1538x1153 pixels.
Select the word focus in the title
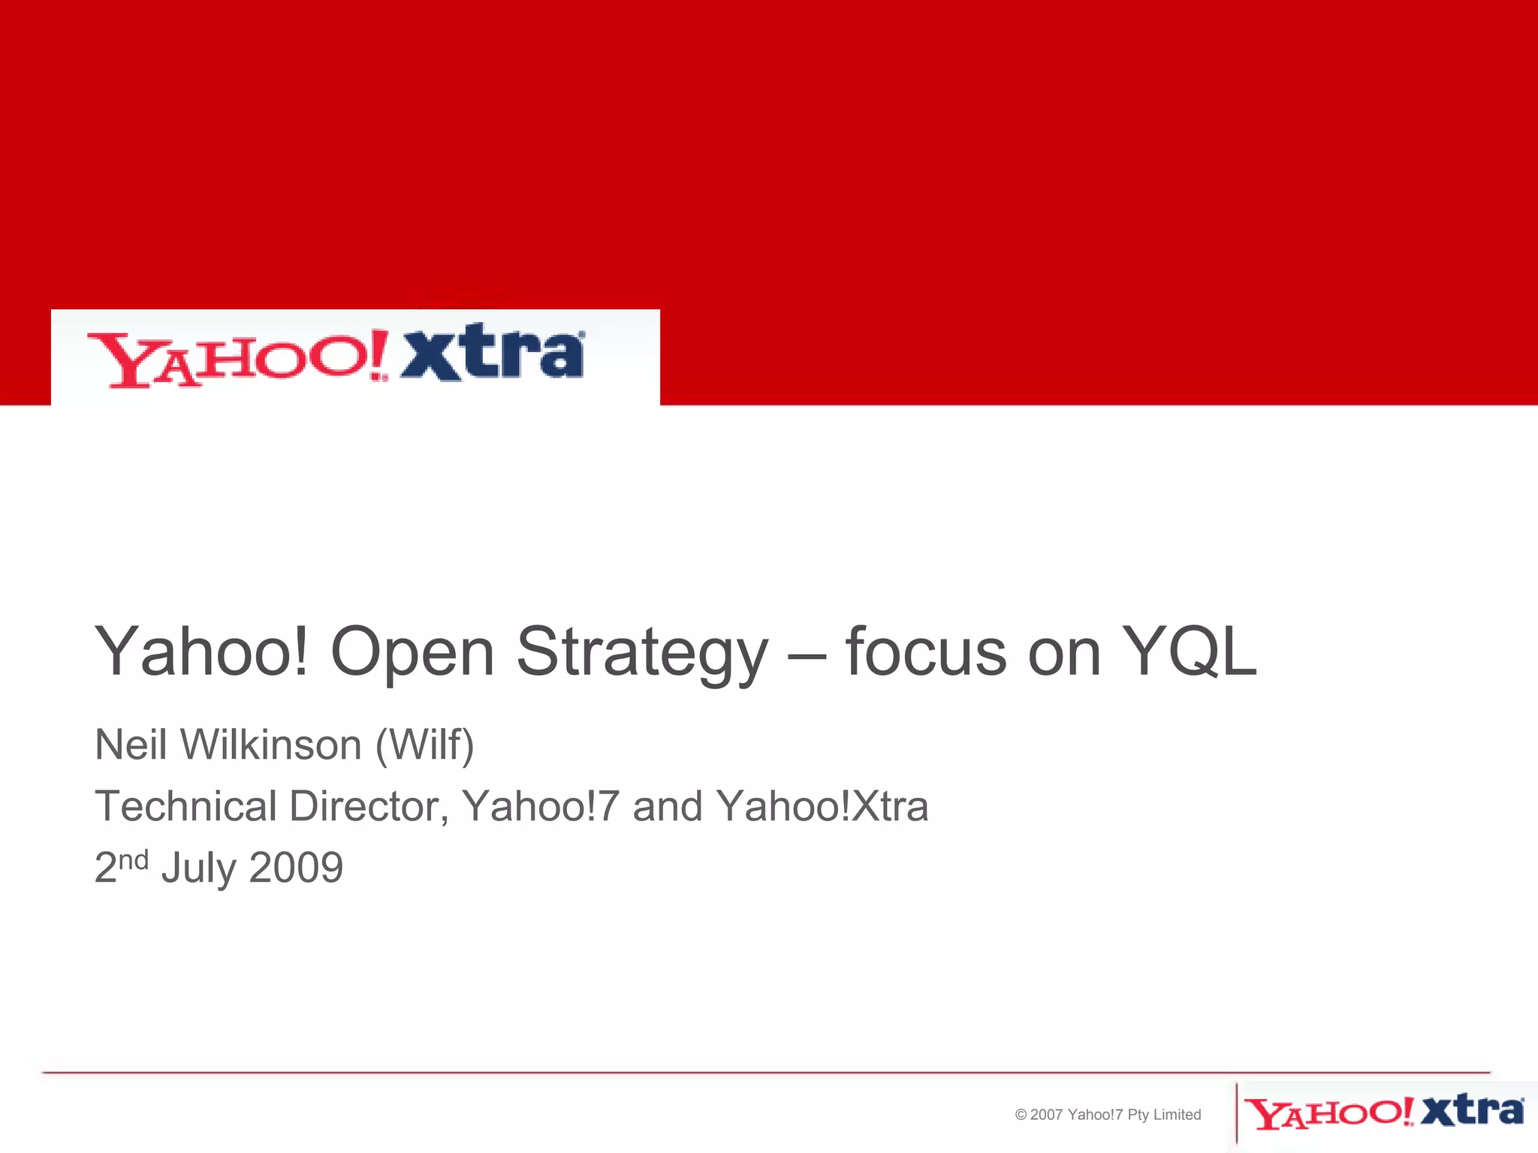coord(925,652)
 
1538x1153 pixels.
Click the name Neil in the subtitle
coord(130,745)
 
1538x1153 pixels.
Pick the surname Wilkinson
coord(271,745)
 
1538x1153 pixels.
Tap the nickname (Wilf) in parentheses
coord(424,745)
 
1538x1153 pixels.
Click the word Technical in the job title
coord(185,806)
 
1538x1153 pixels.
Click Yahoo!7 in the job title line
coord(540,806)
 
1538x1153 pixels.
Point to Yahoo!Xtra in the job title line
coord(822,806)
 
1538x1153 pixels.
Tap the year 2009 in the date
coord(296,868)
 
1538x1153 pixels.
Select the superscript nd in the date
coord(134,859)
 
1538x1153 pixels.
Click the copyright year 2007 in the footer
coord(1046,1115)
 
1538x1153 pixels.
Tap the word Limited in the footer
coord(1177,1115)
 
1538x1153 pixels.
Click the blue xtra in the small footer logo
coord(1472,1111)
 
